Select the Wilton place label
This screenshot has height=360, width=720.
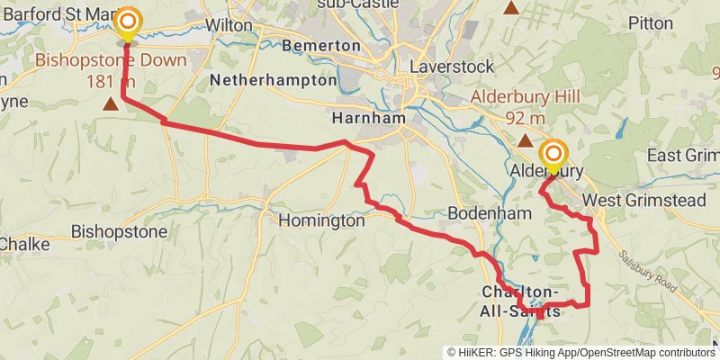pos(229,26)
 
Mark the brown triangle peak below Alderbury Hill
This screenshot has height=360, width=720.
pos(524,140)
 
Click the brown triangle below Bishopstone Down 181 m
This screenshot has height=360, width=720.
pos(110,104)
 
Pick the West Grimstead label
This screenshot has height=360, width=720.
pos(643,200)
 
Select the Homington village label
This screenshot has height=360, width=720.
pos(321,220)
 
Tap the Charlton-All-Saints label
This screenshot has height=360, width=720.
pos(520,301)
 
